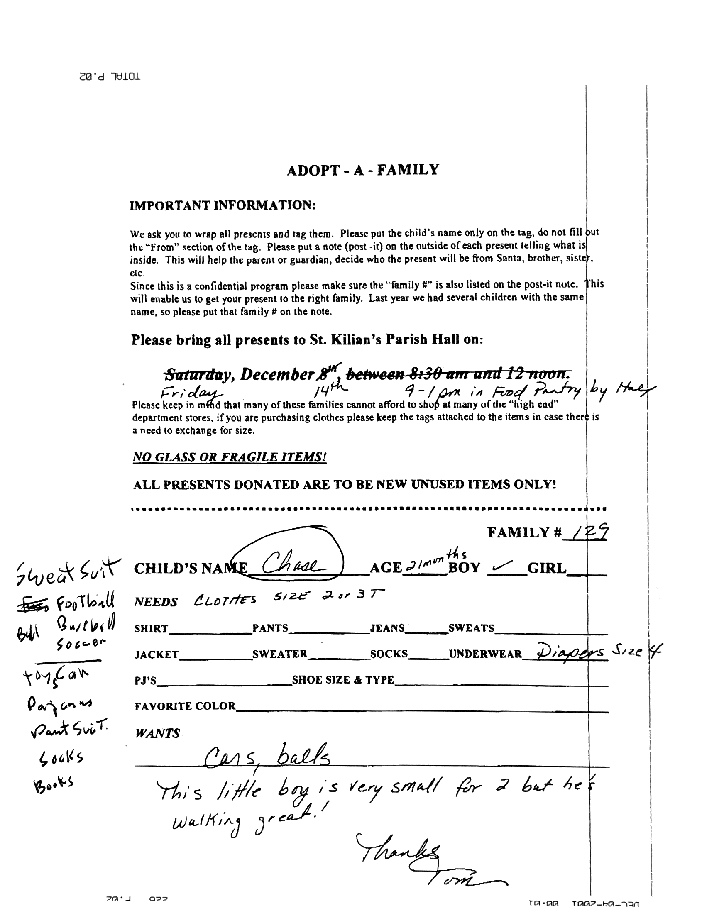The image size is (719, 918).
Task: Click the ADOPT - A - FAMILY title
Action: click(362, 170)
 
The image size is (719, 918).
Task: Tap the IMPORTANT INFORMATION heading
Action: click(222, 205)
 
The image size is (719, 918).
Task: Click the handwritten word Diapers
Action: click(572, 652)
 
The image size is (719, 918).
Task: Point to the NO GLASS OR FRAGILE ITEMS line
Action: click(230, 457)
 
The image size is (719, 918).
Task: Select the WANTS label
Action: click(157, 734)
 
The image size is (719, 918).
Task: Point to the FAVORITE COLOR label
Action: click(185, 706)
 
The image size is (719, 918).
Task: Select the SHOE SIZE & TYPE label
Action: click(342, 680)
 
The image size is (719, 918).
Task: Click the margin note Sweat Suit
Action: click(67, 571)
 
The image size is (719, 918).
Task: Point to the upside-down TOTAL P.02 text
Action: click(110, 77)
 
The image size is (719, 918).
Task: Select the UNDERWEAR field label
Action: click(485, 654)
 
